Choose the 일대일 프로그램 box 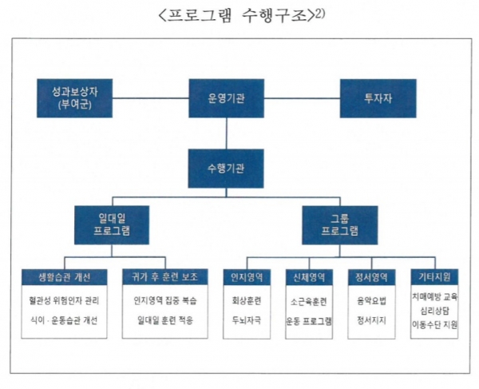tap(111, 225)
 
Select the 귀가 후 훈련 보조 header tap(164, 277)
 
